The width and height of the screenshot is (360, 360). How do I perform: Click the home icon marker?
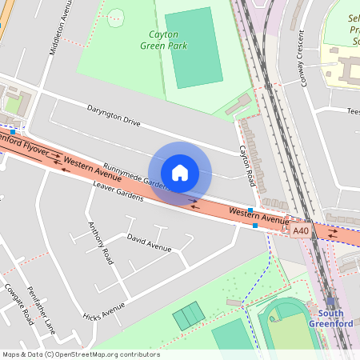[x=180, y=173]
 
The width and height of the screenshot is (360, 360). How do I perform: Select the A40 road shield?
[x=300, y=230]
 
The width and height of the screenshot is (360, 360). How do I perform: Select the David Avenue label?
[x=149, y=243]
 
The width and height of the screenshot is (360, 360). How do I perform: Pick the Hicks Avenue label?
[x=104, y=311]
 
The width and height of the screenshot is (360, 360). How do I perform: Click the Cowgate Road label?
[x=18, y=304]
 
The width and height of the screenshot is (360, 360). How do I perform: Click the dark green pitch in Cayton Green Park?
[x=194, y=48]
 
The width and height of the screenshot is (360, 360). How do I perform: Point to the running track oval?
[x=284, y=328]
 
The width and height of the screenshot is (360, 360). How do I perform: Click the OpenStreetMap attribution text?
[x=81, y=354]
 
